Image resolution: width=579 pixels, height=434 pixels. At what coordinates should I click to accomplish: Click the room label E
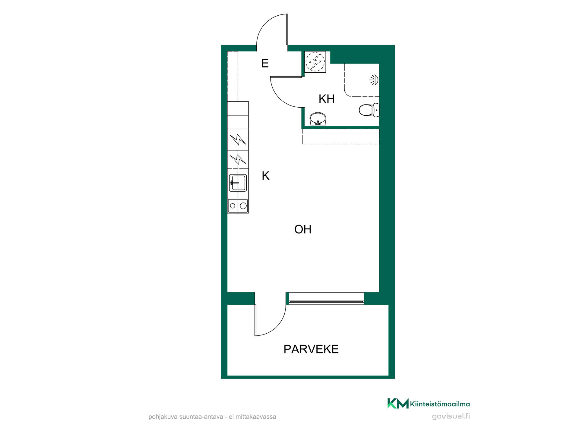[x=265, y=63]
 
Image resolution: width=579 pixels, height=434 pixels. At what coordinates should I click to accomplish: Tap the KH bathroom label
[x=327, y=99]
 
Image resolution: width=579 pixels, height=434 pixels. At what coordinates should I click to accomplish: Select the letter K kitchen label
[x=265, y=176]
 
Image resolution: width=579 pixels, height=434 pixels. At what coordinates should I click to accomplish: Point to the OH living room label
[x=303, y=229]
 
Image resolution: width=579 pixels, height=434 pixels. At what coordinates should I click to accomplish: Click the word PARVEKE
[x=311, y=349]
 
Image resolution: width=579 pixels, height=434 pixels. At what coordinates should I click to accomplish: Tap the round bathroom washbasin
[x=318, y=119]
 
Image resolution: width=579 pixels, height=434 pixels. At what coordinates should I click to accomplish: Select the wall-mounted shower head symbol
[x=374, y=80]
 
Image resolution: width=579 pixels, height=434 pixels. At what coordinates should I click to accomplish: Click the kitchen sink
[x=238, y=183]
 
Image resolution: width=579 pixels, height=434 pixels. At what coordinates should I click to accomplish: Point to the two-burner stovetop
[x=238, y=206]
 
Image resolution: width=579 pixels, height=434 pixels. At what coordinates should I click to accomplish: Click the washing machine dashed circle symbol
[x=315, y=62]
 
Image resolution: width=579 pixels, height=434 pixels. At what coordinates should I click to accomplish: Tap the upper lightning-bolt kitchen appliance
[x=238, y=140]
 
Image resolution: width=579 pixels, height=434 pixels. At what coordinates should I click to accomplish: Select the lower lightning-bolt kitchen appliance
[x=238, y=159]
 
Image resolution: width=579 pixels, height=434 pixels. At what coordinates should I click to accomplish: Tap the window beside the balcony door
[x=326, y=298]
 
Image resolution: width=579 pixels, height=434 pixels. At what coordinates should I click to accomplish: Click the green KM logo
[x=398, y=403]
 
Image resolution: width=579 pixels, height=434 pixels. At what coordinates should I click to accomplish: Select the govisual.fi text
[x=451, y=416]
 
